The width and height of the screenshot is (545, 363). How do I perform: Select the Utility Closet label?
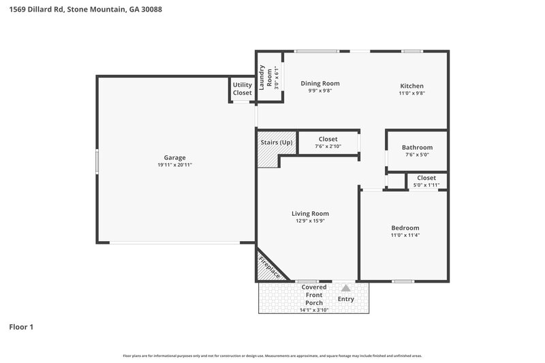pos(242,89)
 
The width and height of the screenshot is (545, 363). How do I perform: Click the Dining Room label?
pos(320,84)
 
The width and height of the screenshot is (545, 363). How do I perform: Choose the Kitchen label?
pos(411,86)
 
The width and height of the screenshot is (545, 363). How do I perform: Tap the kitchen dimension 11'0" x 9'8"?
pos(411,93)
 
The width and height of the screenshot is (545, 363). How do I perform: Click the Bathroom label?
pos(417,147)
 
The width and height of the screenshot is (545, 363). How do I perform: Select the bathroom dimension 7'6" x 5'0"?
pos(417,155)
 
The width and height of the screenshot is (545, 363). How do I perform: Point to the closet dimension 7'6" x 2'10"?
pos(328,146)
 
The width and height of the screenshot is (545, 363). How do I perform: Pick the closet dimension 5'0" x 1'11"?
pos(426,185)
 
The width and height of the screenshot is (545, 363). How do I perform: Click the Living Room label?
pos(310,213)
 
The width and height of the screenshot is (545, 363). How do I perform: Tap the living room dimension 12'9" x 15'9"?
pos(310,221)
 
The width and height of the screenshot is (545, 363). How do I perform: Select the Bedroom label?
pos(405,227)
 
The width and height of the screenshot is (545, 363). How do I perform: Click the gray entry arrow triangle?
pos(346,288)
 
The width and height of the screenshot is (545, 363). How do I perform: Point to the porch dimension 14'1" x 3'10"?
pos(314,310)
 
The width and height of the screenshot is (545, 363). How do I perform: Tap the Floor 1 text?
pos(21,327)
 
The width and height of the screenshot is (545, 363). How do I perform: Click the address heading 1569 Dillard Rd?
pos(85,10)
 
